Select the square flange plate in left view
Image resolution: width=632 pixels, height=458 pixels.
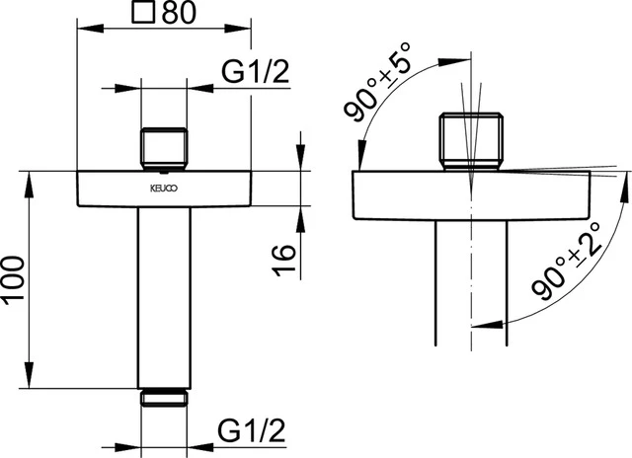pos(164,190)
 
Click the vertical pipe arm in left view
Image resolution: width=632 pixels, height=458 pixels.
pos(164,296)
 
